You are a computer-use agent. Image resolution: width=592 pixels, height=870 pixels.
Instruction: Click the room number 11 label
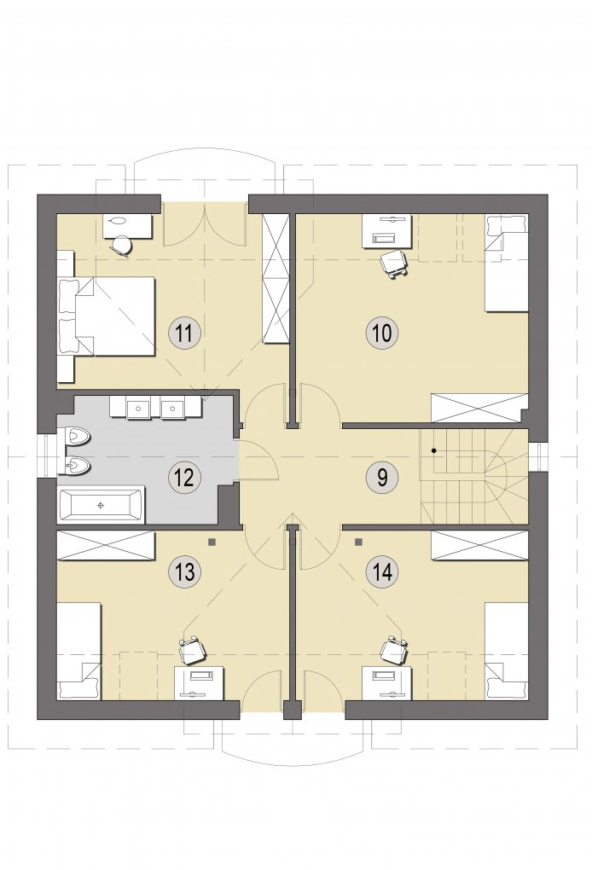point(184,334)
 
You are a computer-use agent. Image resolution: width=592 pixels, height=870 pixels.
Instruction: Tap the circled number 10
point(382,333)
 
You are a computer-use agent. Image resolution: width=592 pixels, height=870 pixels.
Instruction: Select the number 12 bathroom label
point(184,477)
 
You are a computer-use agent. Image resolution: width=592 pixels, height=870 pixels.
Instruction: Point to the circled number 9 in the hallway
point(382,476)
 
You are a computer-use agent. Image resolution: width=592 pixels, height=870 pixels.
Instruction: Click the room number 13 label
point(184,572)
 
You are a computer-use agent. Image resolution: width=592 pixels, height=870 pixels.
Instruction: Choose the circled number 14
point(382,571)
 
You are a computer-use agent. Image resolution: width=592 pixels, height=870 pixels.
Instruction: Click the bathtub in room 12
point(101,505)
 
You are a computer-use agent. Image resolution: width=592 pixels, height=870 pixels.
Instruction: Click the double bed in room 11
point(107,316)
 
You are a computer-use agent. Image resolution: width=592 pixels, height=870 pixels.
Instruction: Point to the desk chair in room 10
point(393,263)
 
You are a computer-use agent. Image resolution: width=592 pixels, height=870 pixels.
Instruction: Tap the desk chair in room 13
point(192,650)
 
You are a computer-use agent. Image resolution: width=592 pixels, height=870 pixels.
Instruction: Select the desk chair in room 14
point(395,650)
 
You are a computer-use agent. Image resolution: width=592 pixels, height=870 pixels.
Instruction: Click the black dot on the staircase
point(435,450)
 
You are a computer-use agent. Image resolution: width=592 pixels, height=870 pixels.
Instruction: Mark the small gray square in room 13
point(212,541)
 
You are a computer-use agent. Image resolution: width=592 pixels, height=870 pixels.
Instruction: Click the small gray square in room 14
point(359,541)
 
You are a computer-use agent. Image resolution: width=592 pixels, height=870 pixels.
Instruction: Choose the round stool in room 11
point(121,246)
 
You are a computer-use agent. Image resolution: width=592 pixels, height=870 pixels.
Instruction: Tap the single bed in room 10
point(507,263)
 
